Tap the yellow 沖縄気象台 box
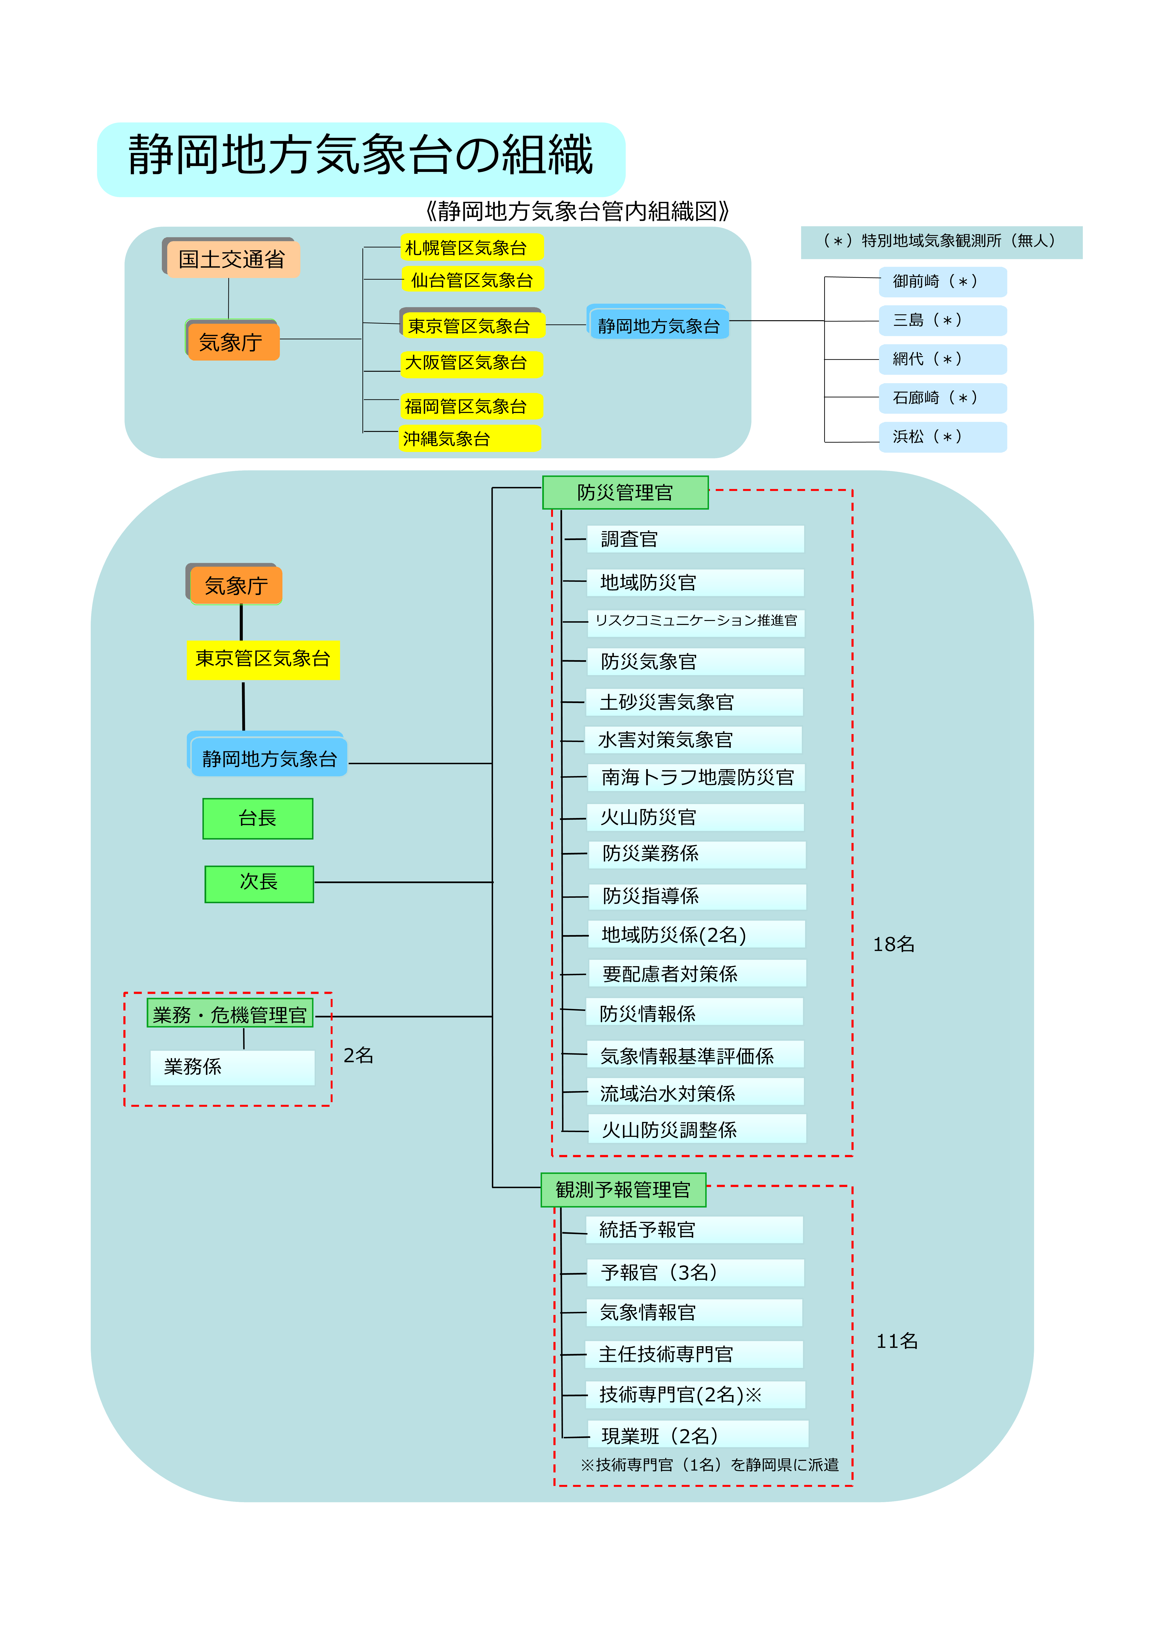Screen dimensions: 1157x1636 point(470,438)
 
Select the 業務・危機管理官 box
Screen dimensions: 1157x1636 point(229,1013)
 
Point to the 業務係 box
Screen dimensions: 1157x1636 point(232,1068)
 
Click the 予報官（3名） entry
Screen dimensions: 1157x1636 point(695,1273)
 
